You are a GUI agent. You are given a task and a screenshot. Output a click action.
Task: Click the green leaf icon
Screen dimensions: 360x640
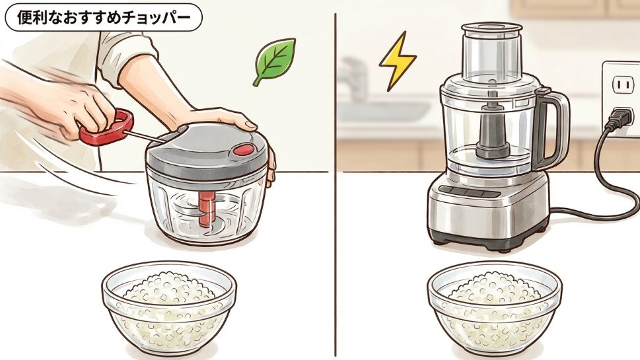[275, 61]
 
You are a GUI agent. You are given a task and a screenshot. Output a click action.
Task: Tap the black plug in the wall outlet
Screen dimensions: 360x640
[618, 117]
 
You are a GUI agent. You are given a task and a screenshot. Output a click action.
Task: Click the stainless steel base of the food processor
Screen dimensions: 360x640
[489, 211]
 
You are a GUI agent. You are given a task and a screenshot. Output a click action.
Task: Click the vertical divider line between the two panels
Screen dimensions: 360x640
[338, 198]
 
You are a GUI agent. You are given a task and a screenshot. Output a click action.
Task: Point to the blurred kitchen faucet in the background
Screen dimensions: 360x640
[353, 79]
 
